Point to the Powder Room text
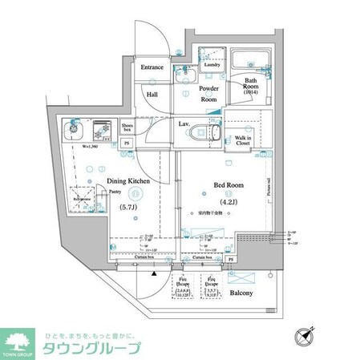click(x=208, y=94)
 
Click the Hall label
click(x=152, y=95)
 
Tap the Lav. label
click(x=184, y=123)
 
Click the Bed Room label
click(x=228, y=185)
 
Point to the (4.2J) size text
click(x=229, y=201)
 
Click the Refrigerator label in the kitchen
click(x=81, y=197)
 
